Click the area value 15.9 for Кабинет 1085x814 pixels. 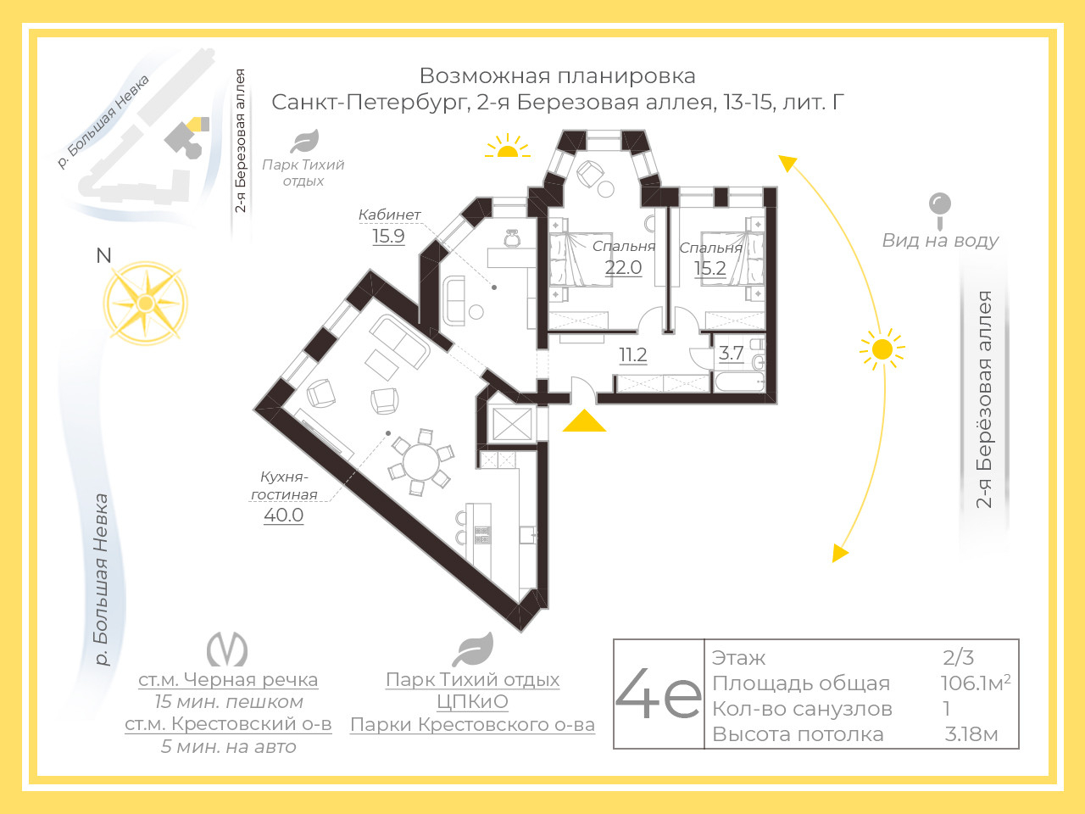click(x=388, y=236)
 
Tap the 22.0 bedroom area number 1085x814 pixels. click(x=623, y=267)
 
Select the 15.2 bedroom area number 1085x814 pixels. click(x=709, y=269)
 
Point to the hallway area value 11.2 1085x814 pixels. click(x=632, y=355)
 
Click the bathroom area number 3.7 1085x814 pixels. click(x=731, y=354)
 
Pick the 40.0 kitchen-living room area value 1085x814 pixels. click(x=284, y=515)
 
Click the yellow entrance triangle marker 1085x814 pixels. click(x=584, y=421)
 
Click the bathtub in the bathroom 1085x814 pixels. click(x=739, y=382)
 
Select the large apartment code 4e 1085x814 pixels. click(x=659, y=694)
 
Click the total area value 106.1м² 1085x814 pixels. click(x=976, y=683)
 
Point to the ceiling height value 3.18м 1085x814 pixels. click(x=971, y=734)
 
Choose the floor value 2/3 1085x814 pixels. click(x=958, y=657)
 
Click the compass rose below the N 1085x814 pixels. click(x=145, y=303)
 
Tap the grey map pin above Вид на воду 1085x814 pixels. click(x=940, y=211)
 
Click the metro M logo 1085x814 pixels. click(x=227, y=649)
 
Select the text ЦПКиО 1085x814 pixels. click(x=472, y=701)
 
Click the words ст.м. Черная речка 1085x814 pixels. click(x=228, y=679)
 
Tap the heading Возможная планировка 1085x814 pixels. click(x=558, y=76)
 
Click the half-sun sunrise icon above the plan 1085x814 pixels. click(x=507, y=146)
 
